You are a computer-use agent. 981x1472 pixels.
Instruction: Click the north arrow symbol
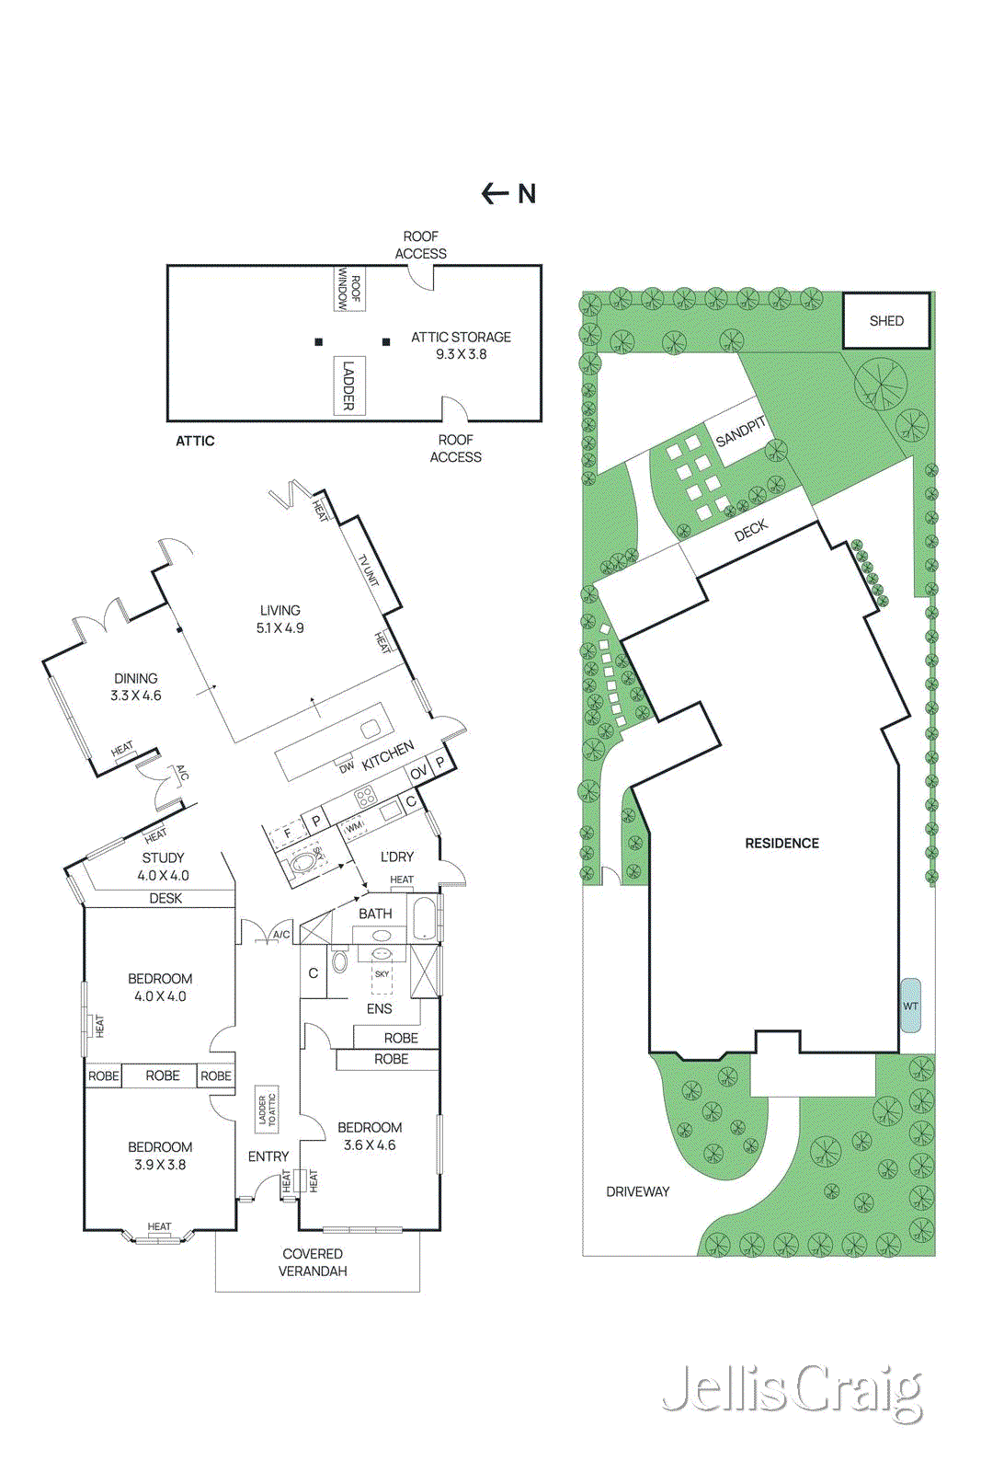508,193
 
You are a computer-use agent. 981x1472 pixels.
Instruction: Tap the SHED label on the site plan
886,321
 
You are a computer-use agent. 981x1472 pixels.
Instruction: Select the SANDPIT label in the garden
741,431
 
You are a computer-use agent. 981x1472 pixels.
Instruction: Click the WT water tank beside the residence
910,1006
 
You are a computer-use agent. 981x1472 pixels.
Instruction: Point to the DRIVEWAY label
637,1191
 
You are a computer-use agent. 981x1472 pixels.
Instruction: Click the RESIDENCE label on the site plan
781,843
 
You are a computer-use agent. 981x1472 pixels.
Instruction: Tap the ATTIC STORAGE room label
461,345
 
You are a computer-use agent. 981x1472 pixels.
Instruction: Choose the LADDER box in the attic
348,385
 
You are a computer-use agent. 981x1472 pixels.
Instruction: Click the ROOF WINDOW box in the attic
349,288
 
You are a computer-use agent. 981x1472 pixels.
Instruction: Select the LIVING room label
279,618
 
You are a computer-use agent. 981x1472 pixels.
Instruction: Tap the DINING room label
135,686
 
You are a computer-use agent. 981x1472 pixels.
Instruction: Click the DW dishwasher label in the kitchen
346,766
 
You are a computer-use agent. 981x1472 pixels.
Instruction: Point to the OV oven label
418,773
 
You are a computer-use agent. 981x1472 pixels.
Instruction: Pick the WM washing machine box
355,828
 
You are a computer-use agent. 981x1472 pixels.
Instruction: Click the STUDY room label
163,866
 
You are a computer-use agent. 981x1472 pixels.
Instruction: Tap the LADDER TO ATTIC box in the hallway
267,1109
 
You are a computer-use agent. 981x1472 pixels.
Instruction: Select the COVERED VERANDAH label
313,1262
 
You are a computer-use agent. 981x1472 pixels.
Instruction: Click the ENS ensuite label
379,1008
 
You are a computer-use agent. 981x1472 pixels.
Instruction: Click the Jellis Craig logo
792,1392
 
